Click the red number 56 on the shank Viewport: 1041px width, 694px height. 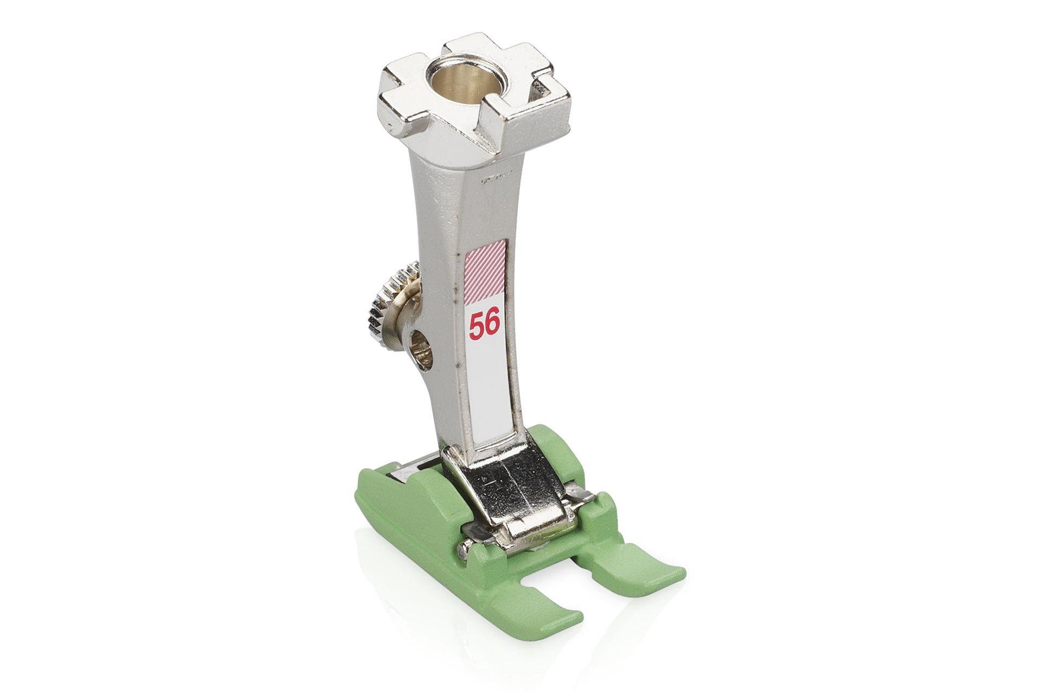point(484,325)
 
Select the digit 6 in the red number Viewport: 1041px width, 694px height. point(492,325)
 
